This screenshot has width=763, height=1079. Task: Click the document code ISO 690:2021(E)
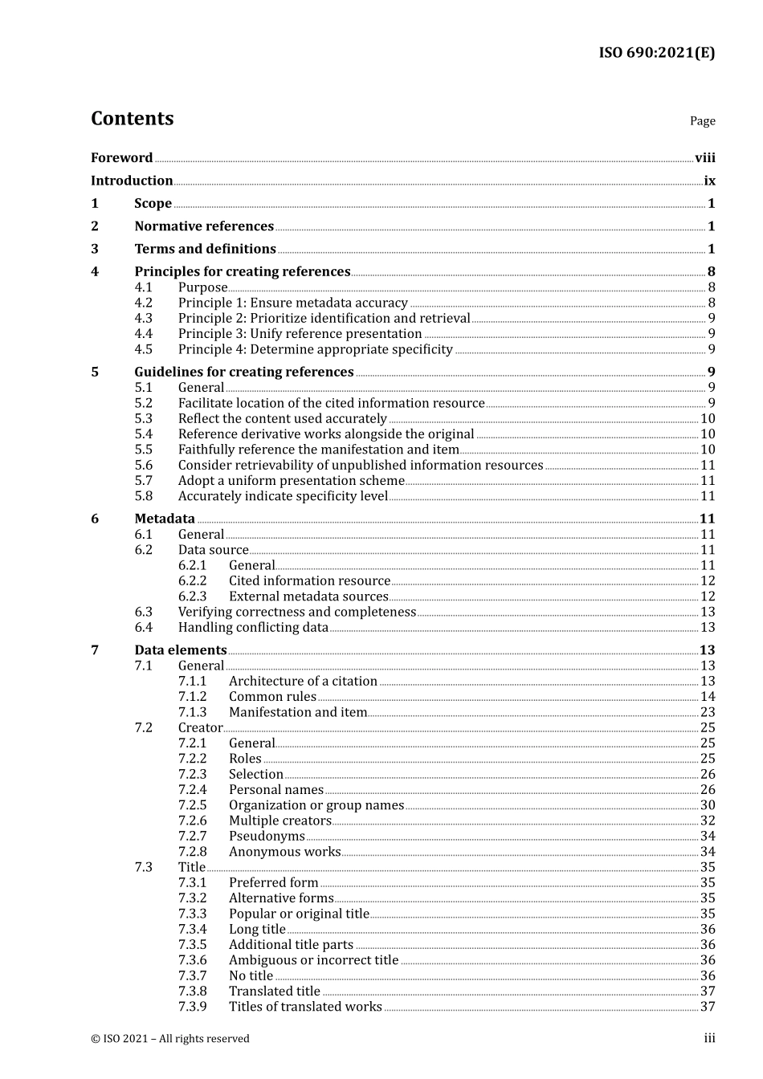(x=656, y=53)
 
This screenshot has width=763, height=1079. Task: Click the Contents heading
(x=132, y=119)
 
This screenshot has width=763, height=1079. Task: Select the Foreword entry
(x=121, y=158)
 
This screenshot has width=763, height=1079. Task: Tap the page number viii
(x=704, y=158)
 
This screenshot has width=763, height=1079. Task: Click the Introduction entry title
(x=132, y=181)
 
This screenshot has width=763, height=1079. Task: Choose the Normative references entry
(x=204, y=226)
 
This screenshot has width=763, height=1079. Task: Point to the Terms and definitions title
(x=205, y=249)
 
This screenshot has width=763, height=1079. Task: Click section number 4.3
(x=143, y=319)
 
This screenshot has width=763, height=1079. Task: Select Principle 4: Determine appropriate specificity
(x=315, y=349)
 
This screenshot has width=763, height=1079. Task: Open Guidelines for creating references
(x=243, y=372)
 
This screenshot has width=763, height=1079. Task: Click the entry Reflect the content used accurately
(x=282, y=418)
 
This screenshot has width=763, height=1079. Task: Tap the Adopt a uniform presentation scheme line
(x=291, y=481)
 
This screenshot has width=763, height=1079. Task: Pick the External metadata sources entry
(x=308, y=597)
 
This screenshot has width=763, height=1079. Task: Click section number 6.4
(x=143, y=628)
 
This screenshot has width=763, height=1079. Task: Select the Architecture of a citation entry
(x=303, y=682)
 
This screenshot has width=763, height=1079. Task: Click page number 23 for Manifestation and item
(x=707, y=712)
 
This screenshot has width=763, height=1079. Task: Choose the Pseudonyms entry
(x=267, y=837)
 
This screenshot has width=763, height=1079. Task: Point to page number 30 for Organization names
(x=707, y=805)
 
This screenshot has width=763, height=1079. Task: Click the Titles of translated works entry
(x=305, y=1007)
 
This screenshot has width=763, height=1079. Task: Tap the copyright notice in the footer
(x=170, y=1039)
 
